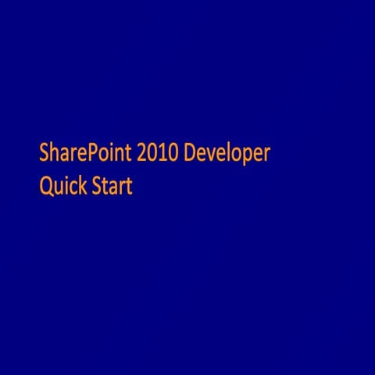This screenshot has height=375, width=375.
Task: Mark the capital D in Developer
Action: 190,152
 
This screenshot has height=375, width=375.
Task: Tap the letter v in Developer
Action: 211,154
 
